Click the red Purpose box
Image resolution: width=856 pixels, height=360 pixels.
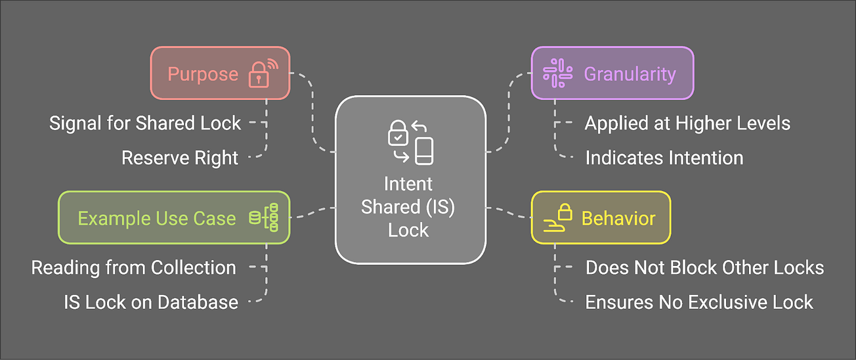[220, 73]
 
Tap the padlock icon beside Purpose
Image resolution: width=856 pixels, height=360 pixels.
[262, 74]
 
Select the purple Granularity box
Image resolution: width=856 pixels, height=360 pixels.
[612, 73]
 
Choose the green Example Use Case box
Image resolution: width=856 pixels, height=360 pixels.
[173, 218]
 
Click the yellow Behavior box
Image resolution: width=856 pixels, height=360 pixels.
[600, 218]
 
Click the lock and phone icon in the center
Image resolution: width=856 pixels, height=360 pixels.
[410, 142]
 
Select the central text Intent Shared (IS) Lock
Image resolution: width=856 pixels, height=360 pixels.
[408, 206]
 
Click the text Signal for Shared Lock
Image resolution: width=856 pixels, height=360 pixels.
[145, 123]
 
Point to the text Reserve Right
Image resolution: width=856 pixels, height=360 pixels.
[180, 158]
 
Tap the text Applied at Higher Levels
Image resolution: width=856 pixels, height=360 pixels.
[687, 123]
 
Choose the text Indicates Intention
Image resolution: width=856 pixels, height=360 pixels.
[664, 158]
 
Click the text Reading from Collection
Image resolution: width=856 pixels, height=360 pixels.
[133, 267]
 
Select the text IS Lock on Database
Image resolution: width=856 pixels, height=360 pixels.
[151, 302]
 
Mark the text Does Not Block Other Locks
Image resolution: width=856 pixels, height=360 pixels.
[704, 267]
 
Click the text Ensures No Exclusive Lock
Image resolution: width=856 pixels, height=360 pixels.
[699, 302]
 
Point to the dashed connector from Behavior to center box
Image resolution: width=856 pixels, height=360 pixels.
[509, 212]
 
